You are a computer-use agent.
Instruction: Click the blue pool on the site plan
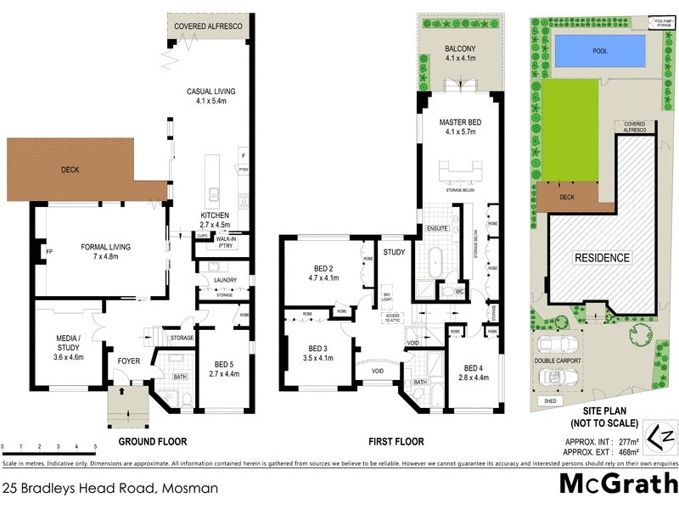(x=600, y=51)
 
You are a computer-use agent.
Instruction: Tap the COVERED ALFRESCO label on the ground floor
(x=208, y=27)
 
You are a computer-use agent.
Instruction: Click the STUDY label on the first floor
(x=393, y=253)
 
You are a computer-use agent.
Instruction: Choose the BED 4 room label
(x=474, y=373)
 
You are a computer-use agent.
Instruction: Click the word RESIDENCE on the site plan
(x=602, y=258)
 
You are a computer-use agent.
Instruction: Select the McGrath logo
(x=620, y=484)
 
